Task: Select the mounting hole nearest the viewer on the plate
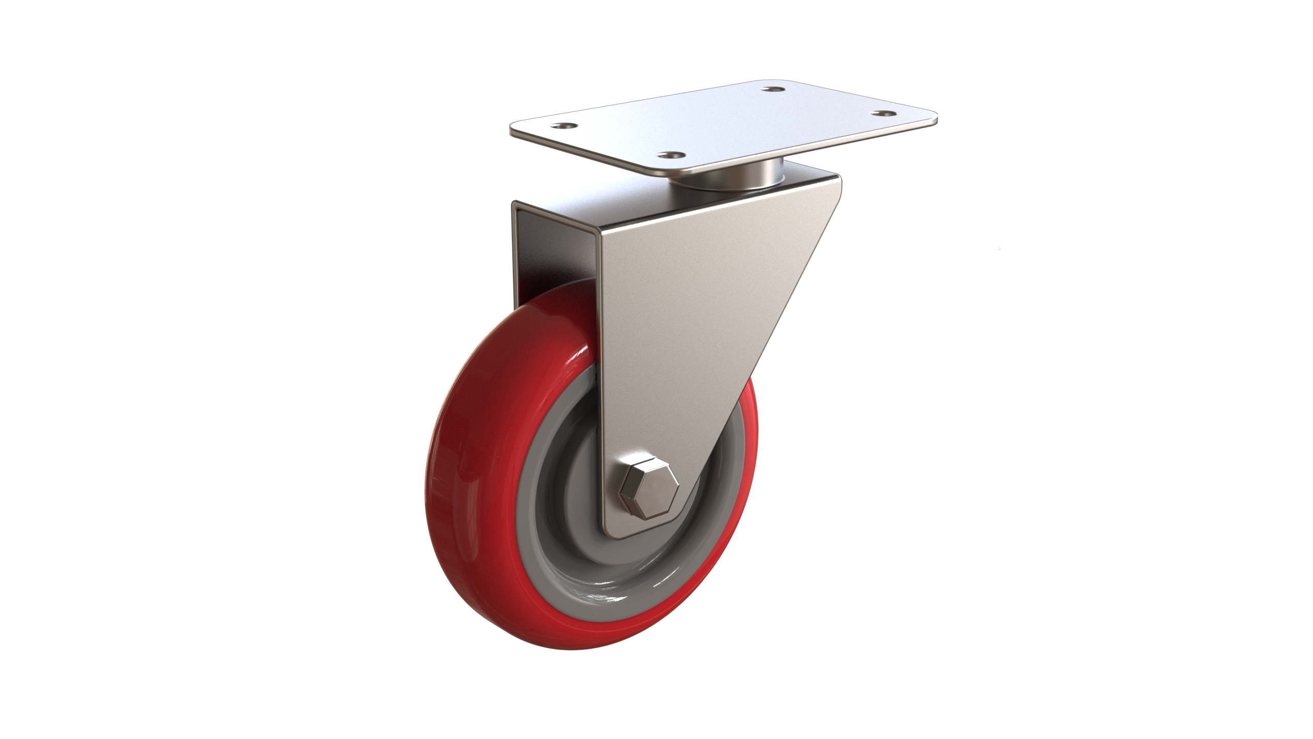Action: [670, 154]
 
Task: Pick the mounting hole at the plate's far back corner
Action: [773, 90]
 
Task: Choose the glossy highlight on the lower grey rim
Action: [610, 597]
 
